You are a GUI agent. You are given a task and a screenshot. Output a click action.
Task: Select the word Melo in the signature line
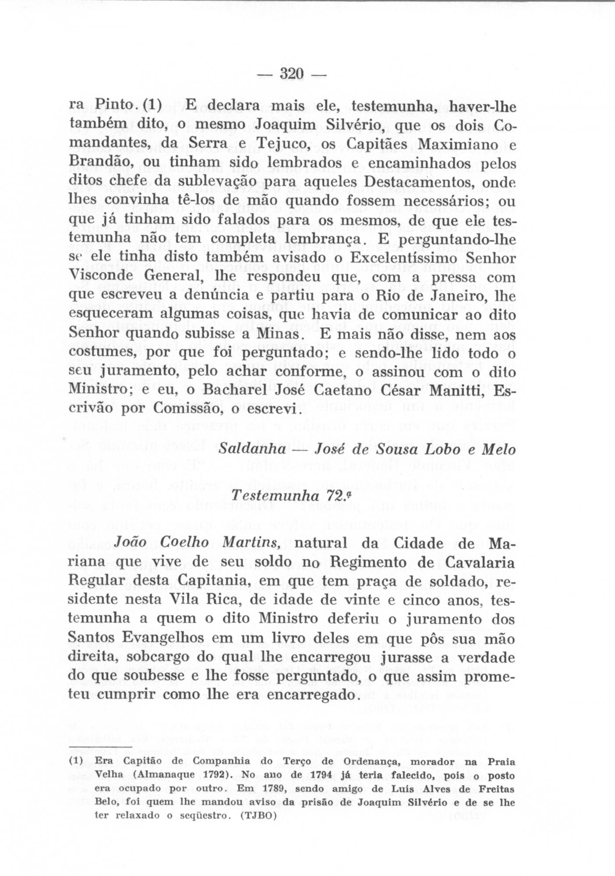pos(494,450)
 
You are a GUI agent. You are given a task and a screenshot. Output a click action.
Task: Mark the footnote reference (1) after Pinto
pos(153,106)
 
